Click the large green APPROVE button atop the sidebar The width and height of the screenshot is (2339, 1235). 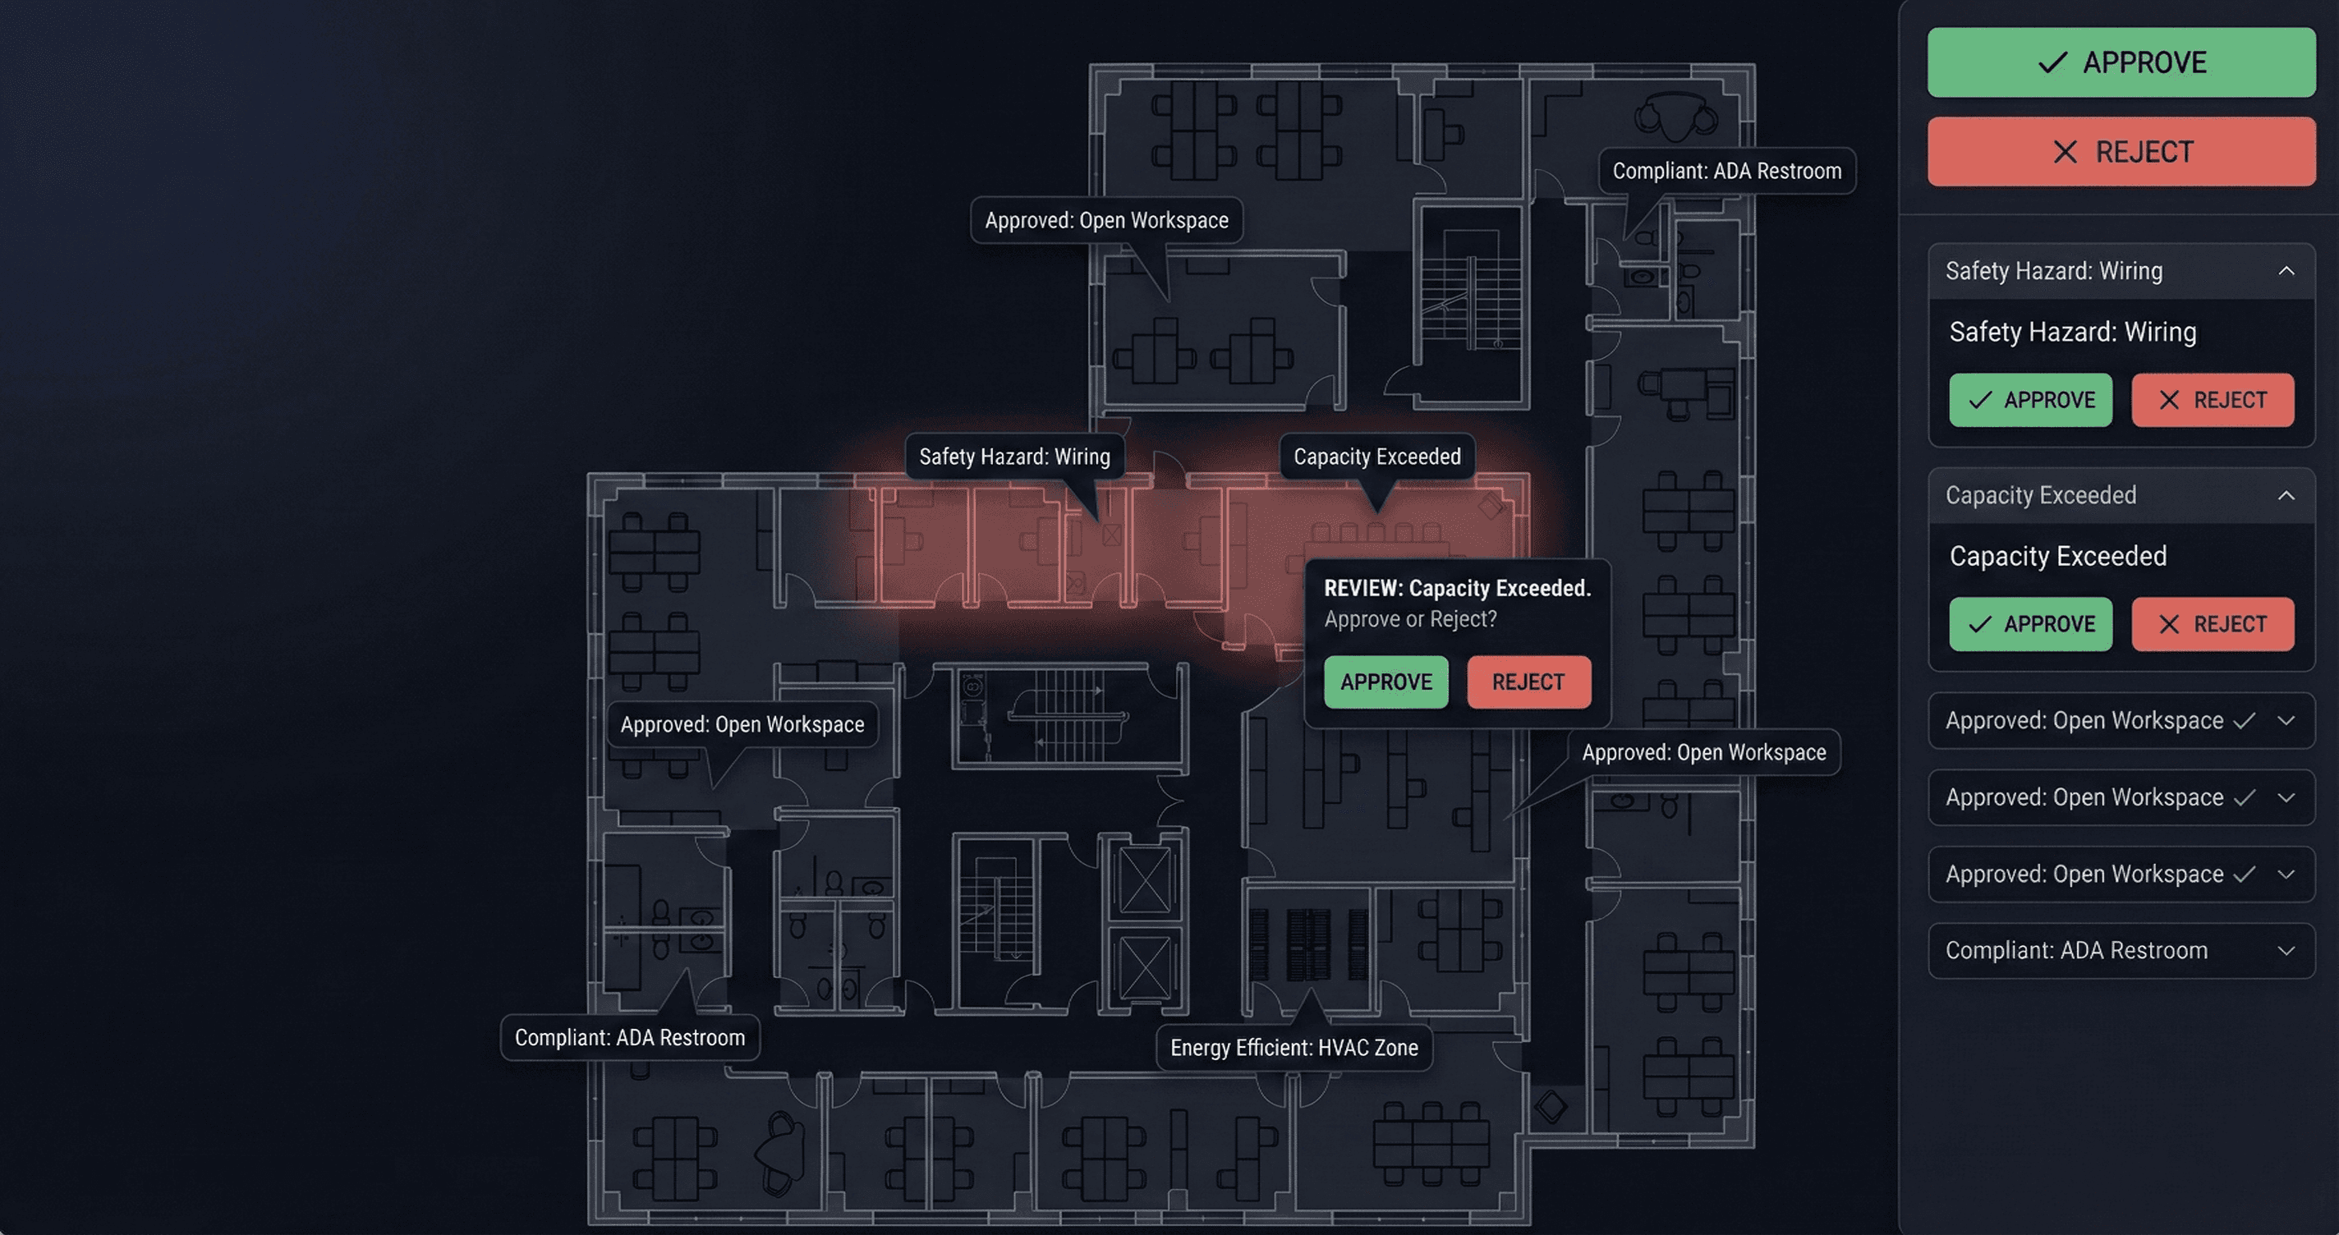click(x=2121, y=62)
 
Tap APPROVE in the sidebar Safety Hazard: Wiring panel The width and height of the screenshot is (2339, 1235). click(x=2030, y=400)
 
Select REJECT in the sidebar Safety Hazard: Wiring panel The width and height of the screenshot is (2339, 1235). click(x=2212, y=400)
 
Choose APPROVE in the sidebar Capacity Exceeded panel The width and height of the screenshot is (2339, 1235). click(x=2030, y=624)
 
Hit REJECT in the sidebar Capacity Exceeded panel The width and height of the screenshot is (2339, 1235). click(x=2212, y=624)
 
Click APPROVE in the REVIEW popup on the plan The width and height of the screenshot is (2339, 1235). click(x=1385, y=682)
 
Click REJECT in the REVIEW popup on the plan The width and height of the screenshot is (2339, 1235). click(x=1528, y=682)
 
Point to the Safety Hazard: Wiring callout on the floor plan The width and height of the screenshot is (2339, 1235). click(x=1014, y=457)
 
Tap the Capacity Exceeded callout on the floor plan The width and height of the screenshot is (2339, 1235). click(x=1376, y=457)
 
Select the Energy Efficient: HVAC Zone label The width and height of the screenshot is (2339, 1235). click(x=1294, y=1048)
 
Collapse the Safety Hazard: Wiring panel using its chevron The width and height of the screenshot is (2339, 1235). click(x=2286, y=271)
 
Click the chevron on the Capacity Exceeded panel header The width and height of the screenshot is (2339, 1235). click(x=2286, y=496)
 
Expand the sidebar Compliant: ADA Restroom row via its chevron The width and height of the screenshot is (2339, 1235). click(x=2286, y=951)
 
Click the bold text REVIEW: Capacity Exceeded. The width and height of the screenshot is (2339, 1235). click(x=1456, y=589)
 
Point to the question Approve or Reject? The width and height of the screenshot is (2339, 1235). click(x=1410, y=619)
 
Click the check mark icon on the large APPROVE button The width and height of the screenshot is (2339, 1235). click(x=2052, y=62)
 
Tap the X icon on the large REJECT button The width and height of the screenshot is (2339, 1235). click(x=2065, y=152)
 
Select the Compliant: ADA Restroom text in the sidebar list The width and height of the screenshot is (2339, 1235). click(x=2075, y=951)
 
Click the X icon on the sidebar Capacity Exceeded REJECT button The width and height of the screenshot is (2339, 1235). click(x=2168, y=624)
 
